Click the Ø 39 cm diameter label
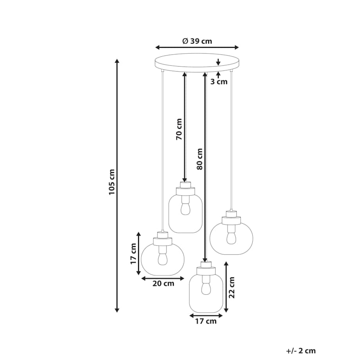pyautogui.click(x=197, y=41)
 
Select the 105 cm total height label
pyautogui.click(x=112, y=182)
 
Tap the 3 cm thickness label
pyautogui.click(x=219, y=82)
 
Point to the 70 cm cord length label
pyautogui.click(x=179, y=129)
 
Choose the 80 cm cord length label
pyautogui.click(x=200, y=159)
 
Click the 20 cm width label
pyautogui.click(x=164, y=284)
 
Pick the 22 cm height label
pyautogui.click(x=232, y=288)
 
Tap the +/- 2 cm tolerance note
pyautogui.click(x=301, y=351)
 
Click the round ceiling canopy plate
pyautogui.click(x=197, y=63)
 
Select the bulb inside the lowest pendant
pyautogui.click(x=206, y=289)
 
